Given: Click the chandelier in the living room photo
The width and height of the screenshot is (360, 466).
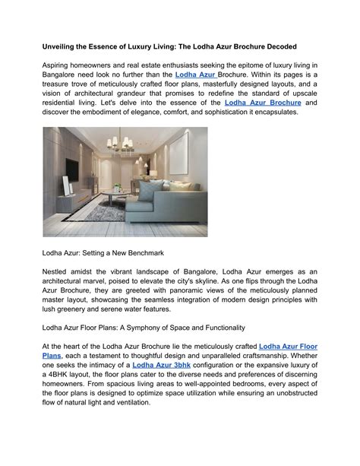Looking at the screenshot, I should click(124, 144).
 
